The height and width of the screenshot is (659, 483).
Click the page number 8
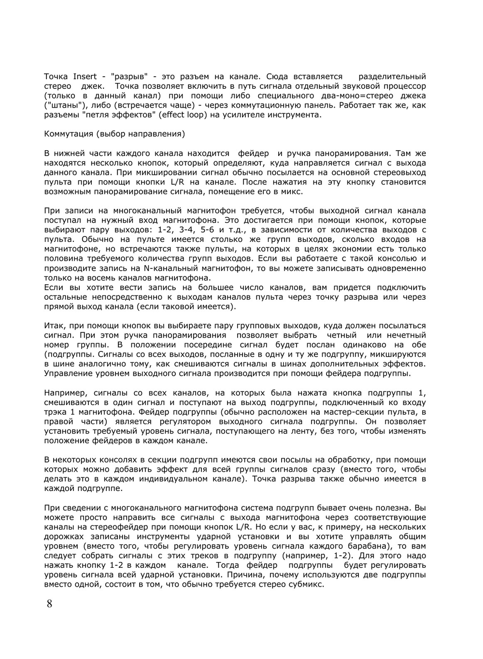click(49, 604)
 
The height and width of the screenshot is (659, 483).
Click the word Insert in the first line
click(85, 76)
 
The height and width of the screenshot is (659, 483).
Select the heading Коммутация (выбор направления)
click(114, 134)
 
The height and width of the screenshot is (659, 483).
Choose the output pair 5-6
click(209, 229)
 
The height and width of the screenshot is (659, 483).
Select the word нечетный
click(406, 335)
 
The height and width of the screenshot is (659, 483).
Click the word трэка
click(55, 412)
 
